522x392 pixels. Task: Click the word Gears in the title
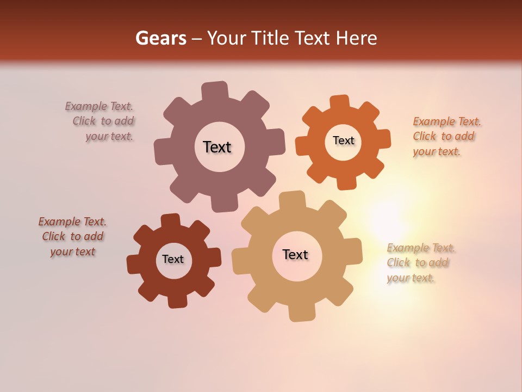(x=160, y=38)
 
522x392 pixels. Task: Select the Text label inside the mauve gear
(x=217, y=147)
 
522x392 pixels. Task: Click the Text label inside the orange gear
(x=343, y=140)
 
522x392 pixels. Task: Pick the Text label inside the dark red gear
(x=172, y=259)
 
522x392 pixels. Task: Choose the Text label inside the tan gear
(x=295, y=254)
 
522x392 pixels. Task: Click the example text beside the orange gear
(x=446, y=136)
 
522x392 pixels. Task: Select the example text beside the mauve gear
(x=100, y=121)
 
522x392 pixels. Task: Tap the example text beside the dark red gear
(x=72, y=236)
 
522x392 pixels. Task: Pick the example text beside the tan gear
(x=420, y=263)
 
